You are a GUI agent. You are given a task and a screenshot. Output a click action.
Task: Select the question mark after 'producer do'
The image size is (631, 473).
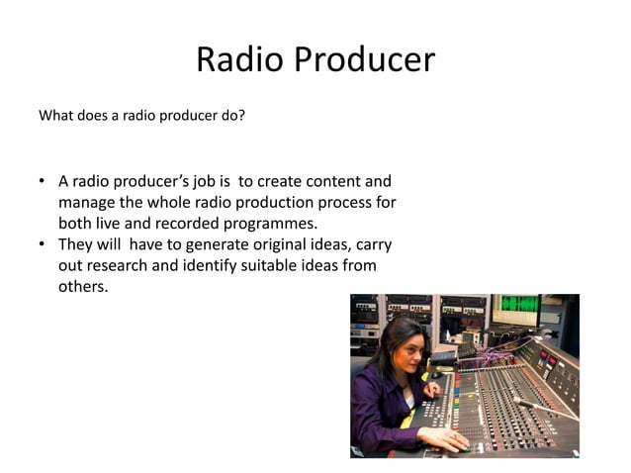241,115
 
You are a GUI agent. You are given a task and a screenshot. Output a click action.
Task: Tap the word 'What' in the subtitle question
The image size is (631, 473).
56,115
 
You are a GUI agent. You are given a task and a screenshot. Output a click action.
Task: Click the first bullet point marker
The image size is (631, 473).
43,182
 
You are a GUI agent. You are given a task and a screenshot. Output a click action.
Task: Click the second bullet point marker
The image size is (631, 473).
43,244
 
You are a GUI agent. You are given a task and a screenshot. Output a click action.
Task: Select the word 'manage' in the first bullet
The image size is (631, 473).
89,203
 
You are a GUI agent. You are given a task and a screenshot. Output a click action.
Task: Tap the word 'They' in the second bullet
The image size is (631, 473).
78,244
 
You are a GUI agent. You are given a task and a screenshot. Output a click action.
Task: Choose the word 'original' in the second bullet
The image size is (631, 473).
244,244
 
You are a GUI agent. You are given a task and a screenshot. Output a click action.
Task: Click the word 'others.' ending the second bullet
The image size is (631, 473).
82,287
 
